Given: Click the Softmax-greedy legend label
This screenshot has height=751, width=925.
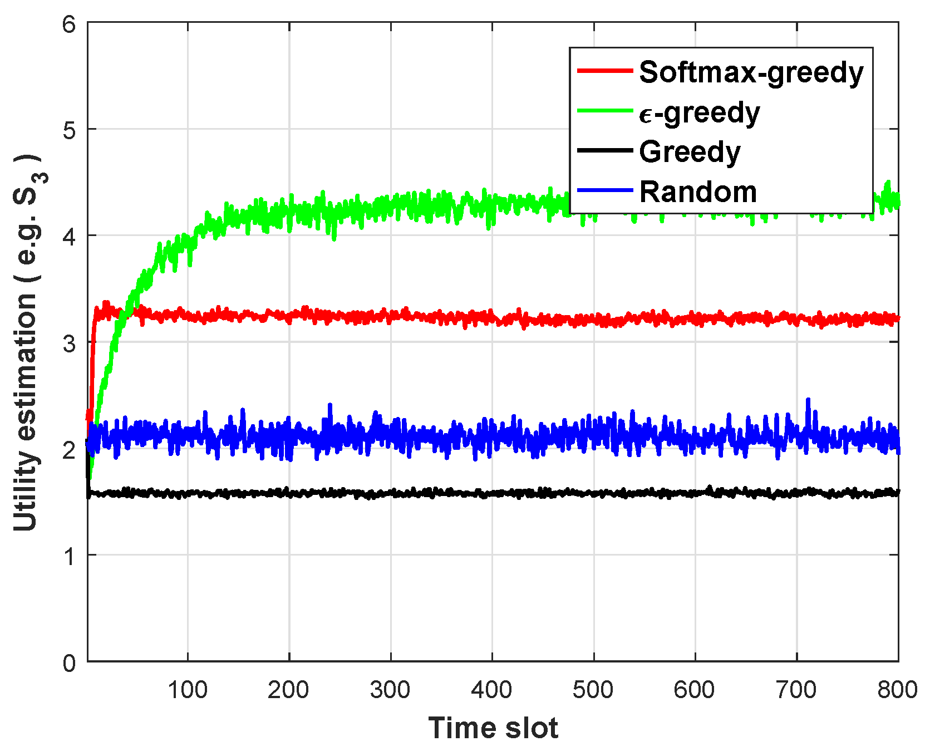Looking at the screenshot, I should click(x=751, y=73).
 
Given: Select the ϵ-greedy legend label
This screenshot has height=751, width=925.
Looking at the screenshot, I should click(x=699, y=113).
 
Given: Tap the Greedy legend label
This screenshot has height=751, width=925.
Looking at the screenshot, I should click(x=690, y=152).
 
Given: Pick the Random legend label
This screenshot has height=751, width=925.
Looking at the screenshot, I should click(x=698, y=192).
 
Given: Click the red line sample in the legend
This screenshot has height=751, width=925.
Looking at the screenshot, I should click(x=605, y=71).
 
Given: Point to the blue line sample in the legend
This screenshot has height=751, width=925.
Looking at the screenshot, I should click(x=605, y=190).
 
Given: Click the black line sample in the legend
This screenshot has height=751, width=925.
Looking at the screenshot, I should click(x=605, y=150).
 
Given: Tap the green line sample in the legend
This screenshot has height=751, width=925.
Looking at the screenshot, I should click(x=605, y=110).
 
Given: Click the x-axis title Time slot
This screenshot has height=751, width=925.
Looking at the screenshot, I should click(x=493, y=728).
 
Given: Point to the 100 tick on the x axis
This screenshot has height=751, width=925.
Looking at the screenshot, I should click(x=188, y=690).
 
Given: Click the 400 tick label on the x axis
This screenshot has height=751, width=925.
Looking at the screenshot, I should click(x=492, y=690).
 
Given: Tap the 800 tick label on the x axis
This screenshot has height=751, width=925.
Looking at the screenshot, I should click(x=897, y=690).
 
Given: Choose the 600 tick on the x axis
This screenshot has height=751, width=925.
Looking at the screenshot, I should click(x=695, y=690).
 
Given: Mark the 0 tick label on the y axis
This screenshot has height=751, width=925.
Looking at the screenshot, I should click(x=69, y=662).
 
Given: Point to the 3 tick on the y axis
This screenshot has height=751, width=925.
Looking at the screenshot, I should click(x=69, y=343).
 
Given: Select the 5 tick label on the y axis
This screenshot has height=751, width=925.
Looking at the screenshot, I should click(x=69, y=130).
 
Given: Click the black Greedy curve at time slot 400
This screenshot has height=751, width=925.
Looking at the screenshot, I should click(x=493, y=493).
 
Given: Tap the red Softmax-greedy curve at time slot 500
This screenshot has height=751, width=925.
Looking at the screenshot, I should click(x=594, y=320).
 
